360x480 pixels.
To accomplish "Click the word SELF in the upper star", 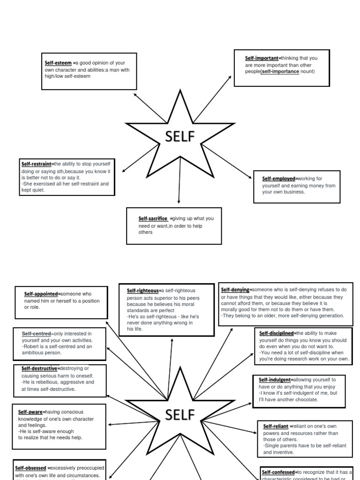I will click(179, 137).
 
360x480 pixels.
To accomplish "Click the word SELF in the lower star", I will click(179, 415).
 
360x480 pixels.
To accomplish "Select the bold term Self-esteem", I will click(58, 63).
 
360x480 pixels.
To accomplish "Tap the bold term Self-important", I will click(262, 59).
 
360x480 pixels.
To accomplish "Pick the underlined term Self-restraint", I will click(37, 164).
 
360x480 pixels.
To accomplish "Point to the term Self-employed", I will click(279, 179).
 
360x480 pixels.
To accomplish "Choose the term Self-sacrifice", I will click(153, 218).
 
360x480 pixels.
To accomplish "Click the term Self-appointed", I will click(42, 294).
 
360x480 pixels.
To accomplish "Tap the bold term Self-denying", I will click(235, 290).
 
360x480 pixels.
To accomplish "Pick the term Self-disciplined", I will click(277, 333).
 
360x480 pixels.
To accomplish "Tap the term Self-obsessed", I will click(30, 468).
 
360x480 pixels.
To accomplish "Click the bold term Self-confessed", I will click(278, 472).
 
